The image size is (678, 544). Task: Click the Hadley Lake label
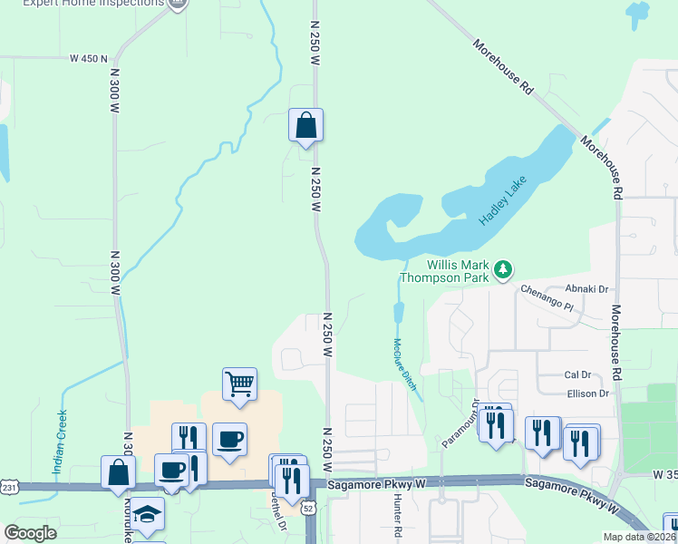coord(502,202)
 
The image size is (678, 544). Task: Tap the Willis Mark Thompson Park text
coord(446,270)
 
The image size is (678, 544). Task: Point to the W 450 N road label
coord(88,58)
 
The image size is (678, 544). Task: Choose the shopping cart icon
coord(239,383)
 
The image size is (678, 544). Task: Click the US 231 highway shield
coord(6,487)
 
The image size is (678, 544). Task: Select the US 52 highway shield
coord(308,509)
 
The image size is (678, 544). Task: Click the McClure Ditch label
coord(404,364)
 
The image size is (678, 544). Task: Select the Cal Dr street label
coord(577,374)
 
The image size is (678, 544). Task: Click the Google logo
coord(31,532)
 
